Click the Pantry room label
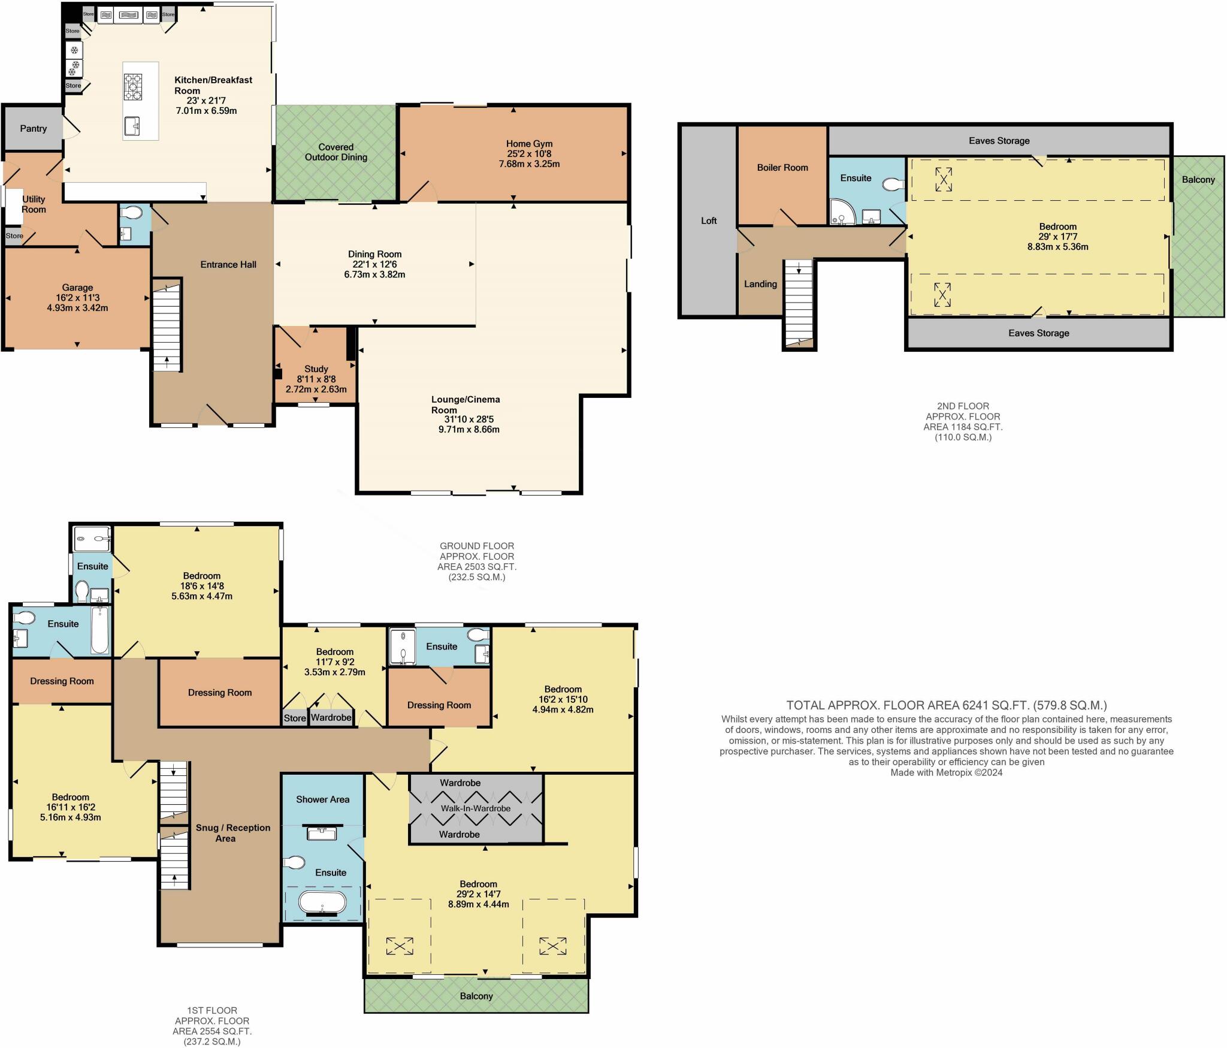(x=33, y=128)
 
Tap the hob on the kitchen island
(x=132, y=86)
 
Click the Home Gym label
(x=529, y=144)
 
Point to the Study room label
(x=316, y=369)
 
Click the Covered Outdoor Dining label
(x=336, y=152)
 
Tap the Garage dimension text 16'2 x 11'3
(x=77, y=298)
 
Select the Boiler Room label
(x=782, y=168)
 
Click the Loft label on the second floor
(x=709, y=221)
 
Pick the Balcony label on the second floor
(x=1198, y=180)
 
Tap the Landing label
(x=760, y=284)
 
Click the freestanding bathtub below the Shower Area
(x=322, y=903)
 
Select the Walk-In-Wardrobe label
(x=476, y=808)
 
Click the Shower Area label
(x=322, y=799)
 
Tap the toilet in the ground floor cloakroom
(x=131, y=213)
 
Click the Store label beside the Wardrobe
(x=295, y=718)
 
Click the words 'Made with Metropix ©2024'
(x=947, y=773)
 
